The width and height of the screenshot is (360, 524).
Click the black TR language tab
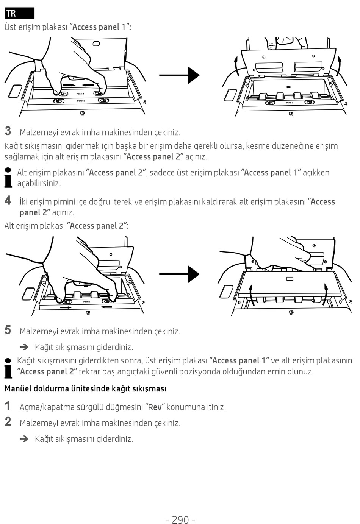click(x=19, y=13)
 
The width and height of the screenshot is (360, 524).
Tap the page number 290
click(x=180, y=519)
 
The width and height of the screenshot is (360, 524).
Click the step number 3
click(x=8, y=131)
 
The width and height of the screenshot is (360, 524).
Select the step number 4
click(x=8, y=200)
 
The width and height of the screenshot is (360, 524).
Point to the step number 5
click(x=8, y=330)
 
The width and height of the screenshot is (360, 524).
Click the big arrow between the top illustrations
click(x=179, y=75)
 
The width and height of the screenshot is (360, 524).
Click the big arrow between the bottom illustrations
click(x=179, y=274)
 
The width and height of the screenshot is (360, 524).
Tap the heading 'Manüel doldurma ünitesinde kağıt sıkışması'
click(x=85, y=388)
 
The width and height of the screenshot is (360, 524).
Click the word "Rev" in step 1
click(x=155, y=407)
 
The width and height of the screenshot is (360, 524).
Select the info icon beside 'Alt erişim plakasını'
click(x=8, y=178)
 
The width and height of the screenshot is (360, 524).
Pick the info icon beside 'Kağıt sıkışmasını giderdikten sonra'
click(x=8, y=367)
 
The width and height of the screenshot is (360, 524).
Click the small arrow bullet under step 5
click(x=25, y=347)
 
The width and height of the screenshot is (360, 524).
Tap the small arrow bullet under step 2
click(x=25, y=438)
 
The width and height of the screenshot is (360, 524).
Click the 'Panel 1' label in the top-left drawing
click(x=80, y=94)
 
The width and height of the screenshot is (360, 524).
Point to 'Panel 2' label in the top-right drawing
click(x=290, y=103)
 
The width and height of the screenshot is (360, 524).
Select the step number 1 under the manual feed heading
click(x=8, y=406)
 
